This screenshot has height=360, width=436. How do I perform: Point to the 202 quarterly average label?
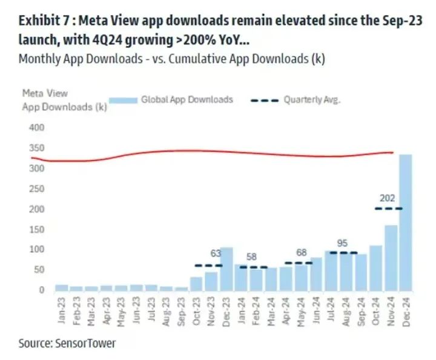(388, 198)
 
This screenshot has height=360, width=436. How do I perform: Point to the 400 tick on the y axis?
(38, 128)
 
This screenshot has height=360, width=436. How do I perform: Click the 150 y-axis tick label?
(38, 229)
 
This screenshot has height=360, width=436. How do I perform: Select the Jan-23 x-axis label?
(61, 310)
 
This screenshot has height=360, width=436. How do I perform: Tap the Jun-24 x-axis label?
(315, 310)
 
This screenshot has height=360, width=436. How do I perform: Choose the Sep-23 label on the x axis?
(181, 310)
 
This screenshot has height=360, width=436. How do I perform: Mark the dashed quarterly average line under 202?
(388, 208)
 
